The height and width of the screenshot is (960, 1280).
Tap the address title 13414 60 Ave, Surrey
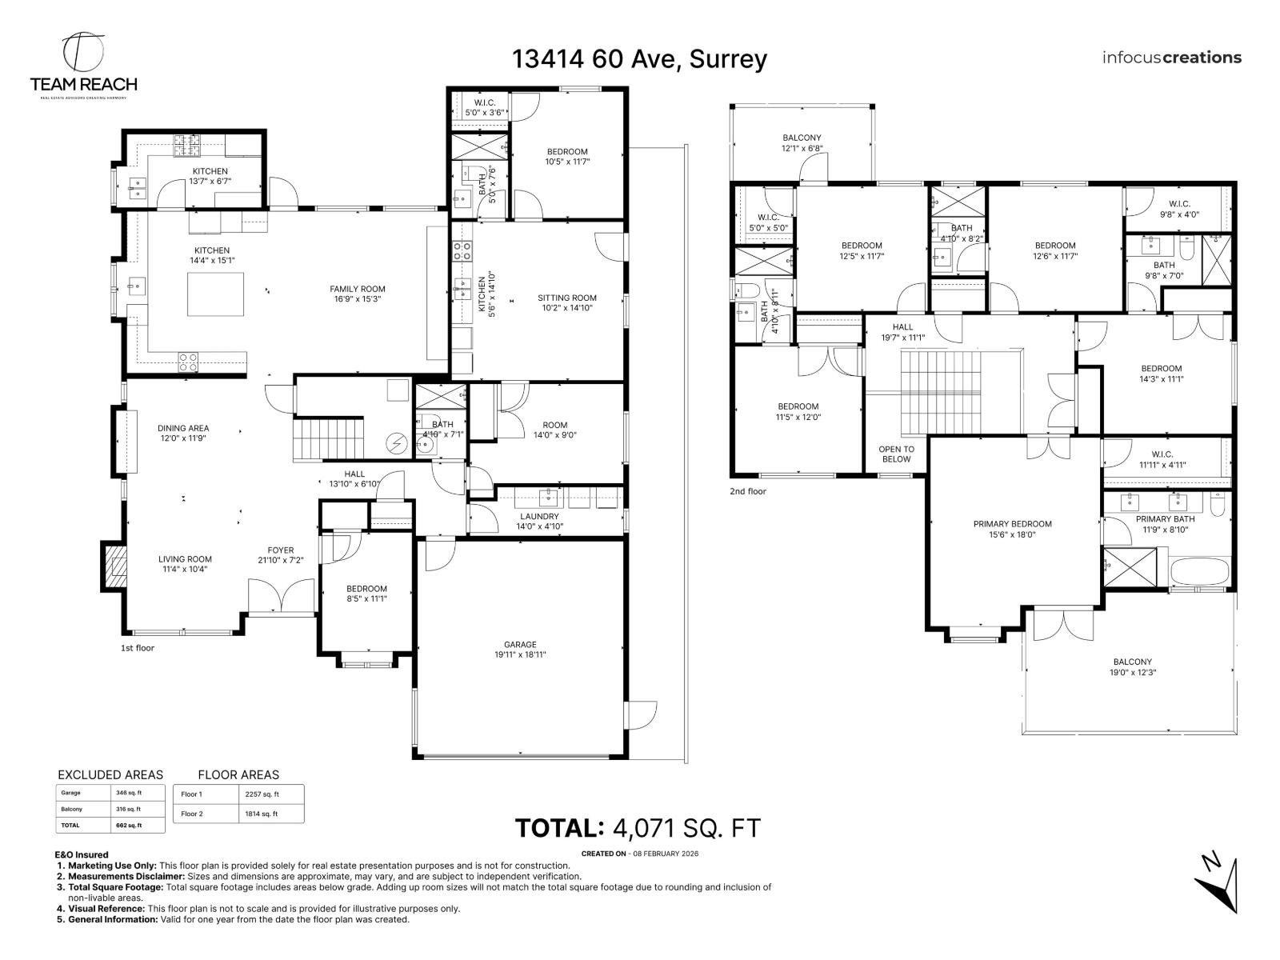click(x=639, y=58)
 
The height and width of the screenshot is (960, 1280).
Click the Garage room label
click(x=520, y=649)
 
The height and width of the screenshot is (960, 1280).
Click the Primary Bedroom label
click(x=1012, y=529)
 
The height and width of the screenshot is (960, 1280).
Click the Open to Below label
click(x=896, y=454)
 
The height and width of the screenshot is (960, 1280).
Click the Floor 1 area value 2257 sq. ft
click(x=262, y=794)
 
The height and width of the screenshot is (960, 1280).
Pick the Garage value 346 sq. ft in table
click(x=129, y=793)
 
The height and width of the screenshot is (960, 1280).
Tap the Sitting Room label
click(x=566, y=302)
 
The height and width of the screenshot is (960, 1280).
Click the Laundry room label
click(x=539, y=522)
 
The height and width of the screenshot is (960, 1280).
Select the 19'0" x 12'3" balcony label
click(x=1132, y=666)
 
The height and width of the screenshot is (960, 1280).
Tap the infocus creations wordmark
click(x=1171, y=58)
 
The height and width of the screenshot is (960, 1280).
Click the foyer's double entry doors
click(x=282, y=598)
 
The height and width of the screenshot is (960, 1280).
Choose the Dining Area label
click(x=183, y=433)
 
